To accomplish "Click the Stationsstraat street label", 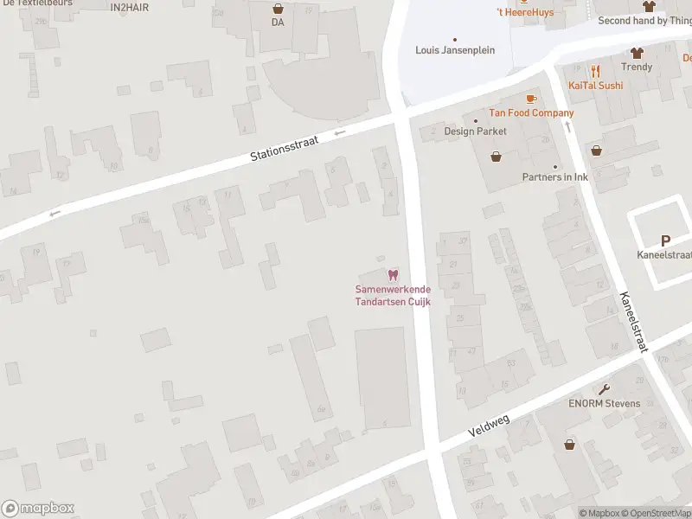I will [285, 147].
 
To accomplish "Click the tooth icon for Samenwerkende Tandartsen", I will [393, 275].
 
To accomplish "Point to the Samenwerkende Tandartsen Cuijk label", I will [393, 295].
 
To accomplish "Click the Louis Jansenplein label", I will [455, 50].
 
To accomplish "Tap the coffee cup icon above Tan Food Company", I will [531, 99].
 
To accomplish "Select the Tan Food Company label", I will [531, 113].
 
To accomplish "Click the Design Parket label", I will [475, 131].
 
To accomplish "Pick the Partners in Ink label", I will [554, 177].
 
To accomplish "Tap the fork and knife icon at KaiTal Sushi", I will [595, 72].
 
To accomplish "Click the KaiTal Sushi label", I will [595, 86].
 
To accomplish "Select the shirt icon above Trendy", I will [637, 53].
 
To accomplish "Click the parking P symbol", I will [665, 240].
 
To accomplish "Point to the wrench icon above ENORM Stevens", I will [604, 389].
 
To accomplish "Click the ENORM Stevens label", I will [604, 404].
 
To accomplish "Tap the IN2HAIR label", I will [130, 7].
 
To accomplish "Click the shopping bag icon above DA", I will [278, 8].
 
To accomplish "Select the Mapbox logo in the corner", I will [38, 508].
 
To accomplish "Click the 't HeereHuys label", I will [524, 12].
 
